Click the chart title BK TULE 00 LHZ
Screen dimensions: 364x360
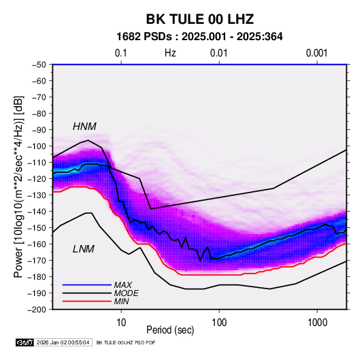(199, 19)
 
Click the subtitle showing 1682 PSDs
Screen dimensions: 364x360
(199, 37)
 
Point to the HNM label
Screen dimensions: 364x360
(84, 127)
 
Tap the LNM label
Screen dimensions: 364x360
(84, 249)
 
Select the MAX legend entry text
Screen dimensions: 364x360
(123, 284)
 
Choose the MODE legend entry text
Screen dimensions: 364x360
(127, 293)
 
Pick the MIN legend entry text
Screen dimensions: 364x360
(121, 301)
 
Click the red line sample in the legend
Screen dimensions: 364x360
(87, 301)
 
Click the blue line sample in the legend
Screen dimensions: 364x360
(87, 284)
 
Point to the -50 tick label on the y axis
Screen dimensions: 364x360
(39, 65)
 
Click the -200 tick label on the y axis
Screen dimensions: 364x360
(37, 310)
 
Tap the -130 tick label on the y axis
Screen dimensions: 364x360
(37, 195)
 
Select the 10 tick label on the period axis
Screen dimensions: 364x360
(121, 323)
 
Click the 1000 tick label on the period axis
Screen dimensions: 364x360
(317, 323)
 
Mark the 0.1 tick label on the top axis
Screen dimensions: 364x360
(121, 53)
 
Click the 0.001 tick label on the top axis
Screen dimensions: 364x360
(317, 53)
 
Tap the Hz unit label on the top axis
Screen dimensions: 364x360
(170, 53)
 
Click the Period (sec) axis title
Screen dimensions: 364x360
(170, 330)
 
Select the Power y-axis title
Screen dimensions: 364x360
(18, 187)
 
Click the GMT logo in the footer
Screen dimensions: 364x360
(25, 342)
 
